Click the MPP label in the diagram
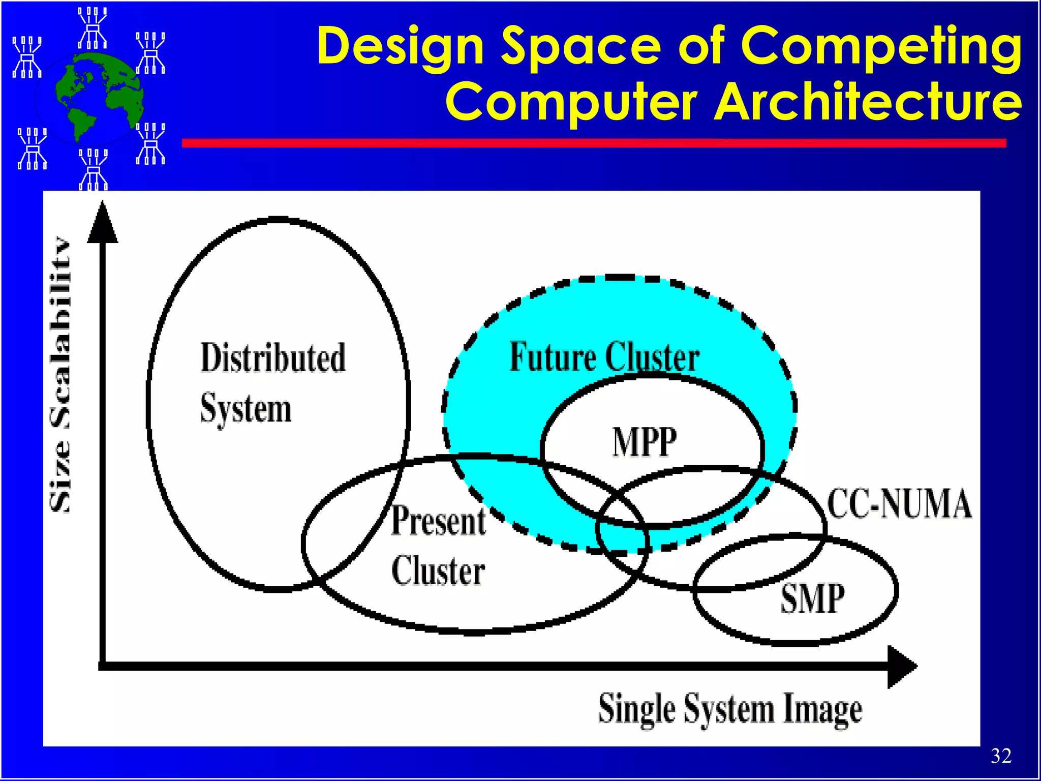(x=645, y=442)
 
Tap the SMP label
(x=812, y=598)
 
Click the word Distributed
(x=273, y=357)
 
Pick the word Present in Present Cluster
(x=438, y=521)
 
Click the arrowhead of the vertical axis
(x=103, y=224)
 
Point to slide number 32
(x=1001, y=756)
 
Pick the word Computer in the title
(x=571, y=102)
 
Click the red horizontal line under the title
(x=594, y=143)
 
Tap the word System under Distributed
(x=246, y=409)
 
